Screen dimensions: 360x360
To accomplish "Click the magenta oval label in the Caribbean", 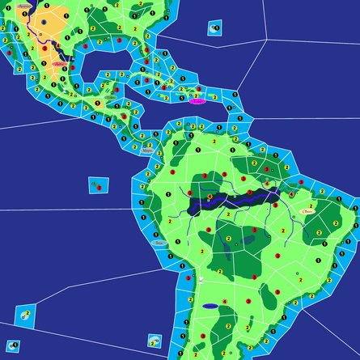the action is (x=197, y=101).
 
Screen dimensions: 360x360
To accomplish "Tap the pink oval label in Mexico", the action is (x=58, y=62).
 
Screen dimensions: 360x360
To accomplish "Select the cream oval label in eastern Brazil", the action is (x=308, y=211).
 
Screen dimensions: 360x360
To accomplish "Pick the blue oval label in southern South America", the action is (x=210, y=307).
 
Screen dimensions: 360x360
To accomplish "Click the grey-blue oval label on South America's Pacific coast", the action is (x=159, y=242).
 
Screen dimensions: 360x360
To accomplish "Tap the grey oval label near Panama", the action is (x=146, y=150).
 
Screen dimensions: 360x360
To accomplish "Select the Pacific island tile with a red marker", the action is (x=97, y=185).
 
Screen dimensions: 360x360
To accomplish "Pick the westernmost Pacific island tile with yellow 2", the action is (x=25, y=313).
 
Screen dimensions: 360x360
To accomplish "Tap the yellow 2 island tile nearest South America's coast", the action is (x=154, y=341).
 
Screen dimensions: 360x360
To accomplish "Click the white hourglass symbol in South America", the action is (x=201, y=278).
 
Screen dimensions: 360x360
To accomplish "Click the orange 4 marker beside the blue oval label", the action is (x=225, y=302).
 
